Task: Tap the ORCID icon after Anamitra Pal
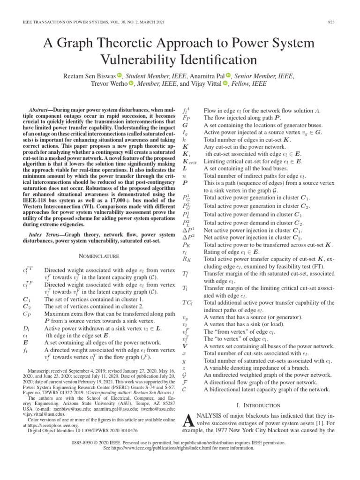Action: coord(228,75)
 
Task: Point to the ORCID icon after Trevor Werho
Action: coord(131,84)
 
